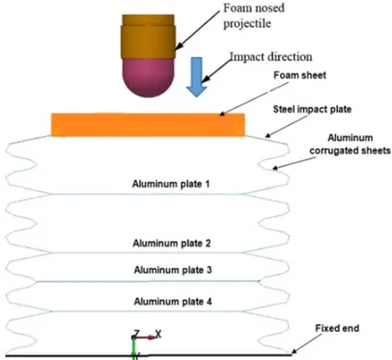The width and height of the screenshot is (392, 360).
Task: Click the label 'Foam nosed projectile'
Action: pos(254,16)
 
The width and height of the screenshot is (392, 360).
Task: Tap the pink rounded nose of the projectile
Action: pos(148,77)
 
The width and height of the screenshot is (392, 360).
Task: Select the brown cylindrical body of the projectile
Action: pos(148,36)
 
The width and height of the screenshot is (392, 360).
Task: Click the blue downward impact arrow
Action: pos(196,76)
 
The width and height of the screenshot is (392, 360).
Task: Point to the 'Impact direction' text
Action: pos(271,57)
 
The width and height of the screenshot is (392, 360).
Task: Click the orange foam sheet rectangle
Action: pos(148,125)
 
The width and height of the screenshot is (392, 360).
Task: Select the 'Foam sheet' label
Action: pos(300,76)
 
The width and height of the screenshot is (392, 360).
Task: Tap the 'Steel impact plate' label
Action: pos(312,109)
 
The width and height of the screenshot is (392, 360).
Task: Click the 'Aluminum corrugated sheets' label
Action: pos(350,144)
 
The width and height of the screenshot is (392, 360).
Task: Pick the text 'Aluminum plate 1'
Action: pos(171,184)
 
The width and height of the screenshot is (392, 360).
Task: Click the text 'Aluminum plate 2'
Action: pos(172,243)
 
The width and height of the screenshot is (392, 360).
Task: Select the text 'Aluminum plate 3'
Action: pos(173,270)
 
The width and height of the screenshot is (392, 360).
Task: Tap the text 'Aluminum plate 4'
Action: pos(173,301)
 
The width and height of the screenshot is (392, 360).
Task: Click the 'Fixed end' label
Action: pos(337,328)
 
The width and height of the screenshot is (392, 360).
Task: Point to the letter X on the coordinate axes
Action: pos(158,335)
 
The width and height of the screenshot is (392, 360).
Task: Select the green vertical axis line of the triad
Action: pos(134,348)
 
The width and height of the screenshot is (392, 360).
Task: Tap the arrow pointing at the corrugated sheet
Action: pos(293,163)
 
